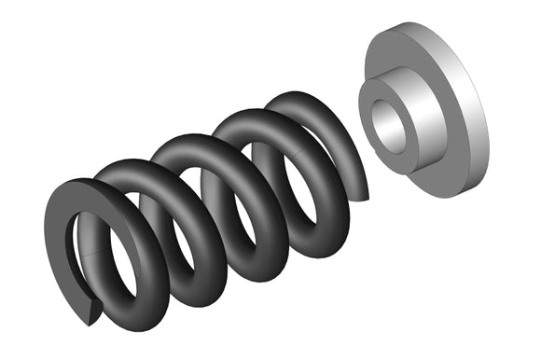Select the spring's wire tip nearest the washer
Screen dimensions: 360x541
(363, 191)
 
